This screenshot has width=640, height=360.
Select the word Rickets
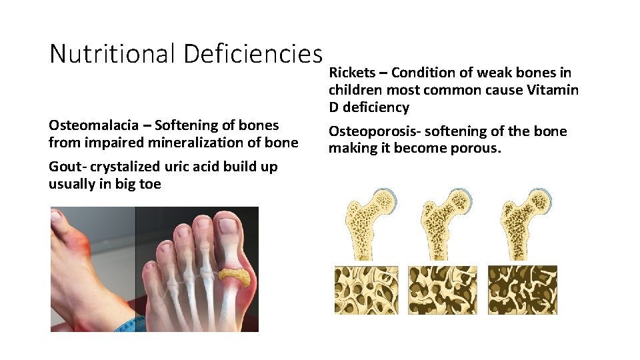(x=352, y=73)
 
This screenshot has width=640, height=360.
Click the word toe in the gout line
(x=151, y=184)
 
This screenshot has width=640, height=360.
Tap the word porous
(x=477, y=149)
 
